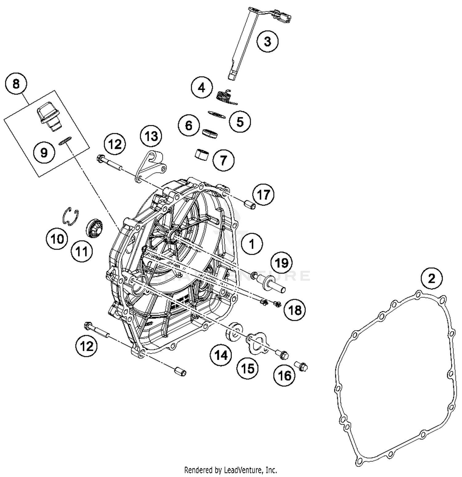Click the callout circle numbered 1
pos(252,244)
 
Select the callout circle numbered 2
pos(432,278)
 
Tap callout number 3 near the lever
pos(267,41)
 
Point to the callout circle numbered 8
pos(16,84)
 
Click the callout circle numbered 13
pos(151,136)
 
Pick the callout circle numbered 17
pos(263,195)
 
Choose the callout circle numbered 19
pos(282,263)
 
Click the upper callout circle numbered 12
pos(115,144)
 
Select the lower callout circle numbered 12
pos(87,346)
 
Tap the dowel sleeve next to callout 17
pos(249,205)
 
